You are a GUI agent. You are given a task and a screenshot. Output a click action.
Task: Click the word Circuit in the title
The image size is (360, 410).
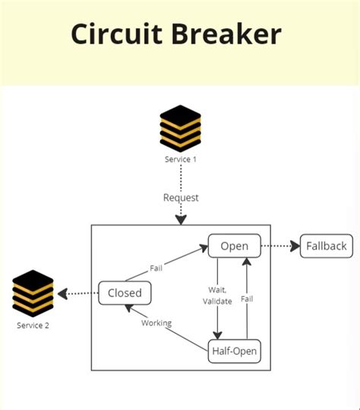click(117, 34)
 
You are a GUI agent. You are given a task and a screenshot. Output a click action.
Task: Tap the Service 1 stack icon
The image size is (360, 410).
click(181, 128)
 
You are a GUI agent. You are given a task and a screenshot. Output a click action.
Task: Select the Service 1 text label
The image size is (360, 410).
click(181, 159)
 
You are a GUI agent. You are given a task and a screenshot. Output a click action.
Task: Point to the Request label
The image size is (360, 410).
click(181, 197)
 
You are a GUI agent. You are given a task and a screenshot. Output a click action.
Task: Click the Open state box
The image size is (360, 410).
click(235, 246)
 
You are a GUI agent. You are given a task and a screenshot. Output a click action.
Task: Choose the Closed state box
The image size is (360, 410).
click(125, 292)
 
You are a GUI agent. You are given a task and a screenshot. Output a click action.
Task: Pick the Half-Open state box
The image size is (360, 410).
click(234, 351)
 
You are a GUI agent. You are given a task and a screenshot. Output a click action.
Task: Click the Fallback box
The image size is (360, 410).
click(327, 246)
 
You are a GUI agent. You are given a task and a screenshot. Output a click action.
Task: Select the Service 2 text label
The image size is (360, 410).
click(34, 326)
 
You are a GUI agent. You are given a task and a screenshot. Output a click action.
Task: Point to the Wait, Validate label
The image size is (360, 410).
click(217, 295)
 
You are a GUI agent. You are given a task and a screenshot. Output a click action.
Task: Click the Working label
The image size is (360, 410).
click(156, 323)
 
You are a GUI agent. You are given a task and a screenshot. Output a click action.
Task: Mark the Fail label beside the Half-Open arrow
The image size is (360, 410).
click(248, 299)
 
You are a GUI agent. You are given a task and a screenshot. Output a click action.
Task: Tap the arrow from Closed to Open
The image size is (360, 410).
click(176, 263)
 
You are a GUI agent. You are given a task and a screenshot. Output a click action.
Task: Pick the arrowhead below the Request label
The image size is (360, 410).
click(181, 220)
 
